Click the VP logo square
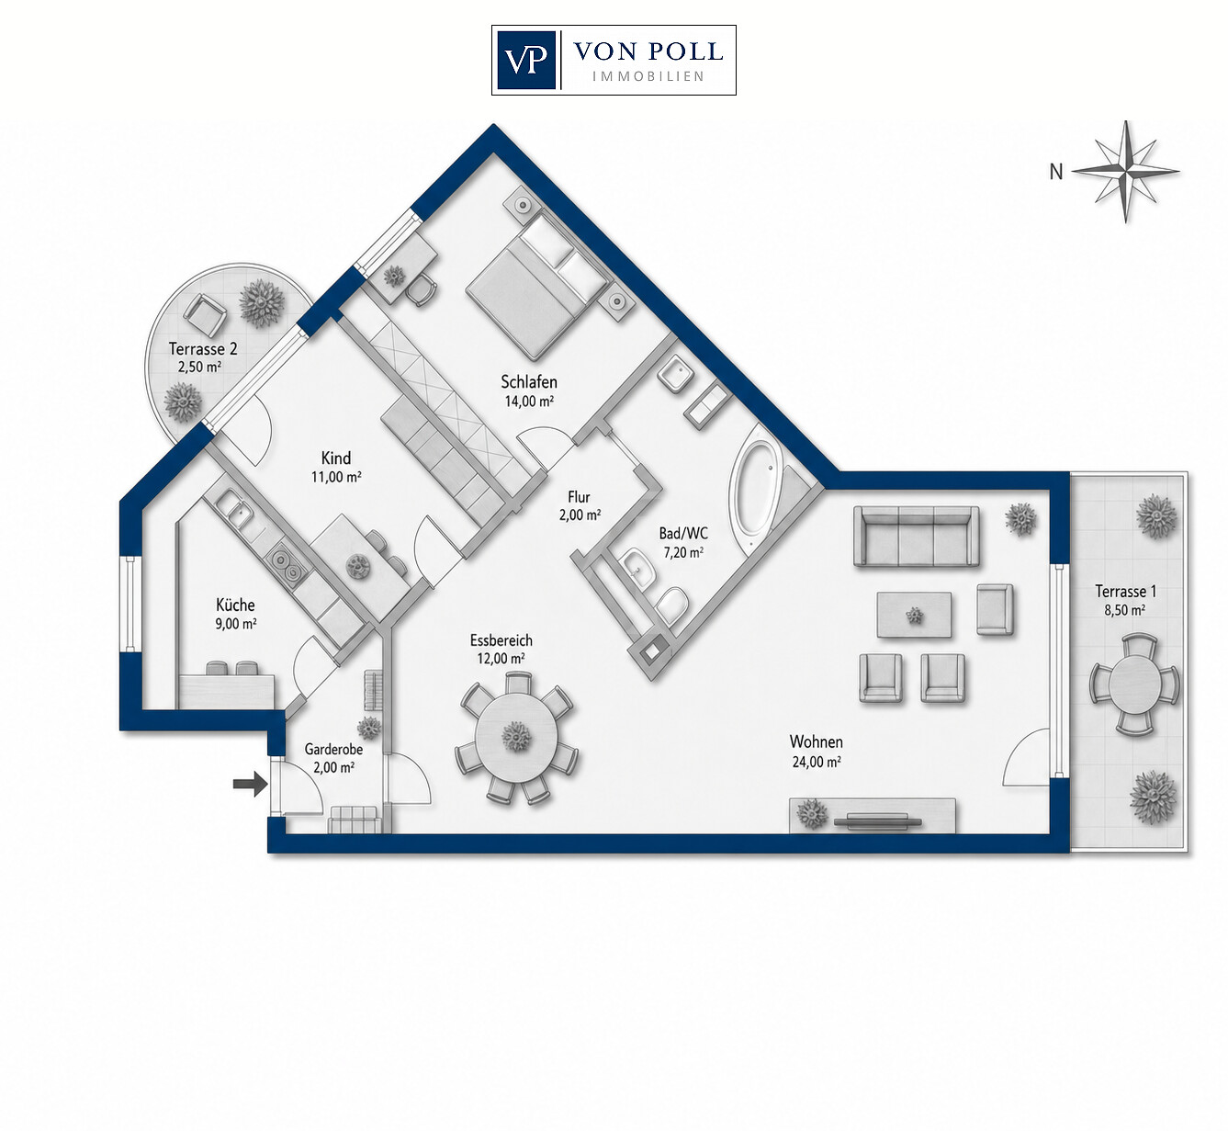point(527,60)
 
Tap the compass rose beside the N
point(1126,172)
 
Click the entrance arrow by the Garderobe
point(251,783)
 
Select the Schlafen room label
point(529,382)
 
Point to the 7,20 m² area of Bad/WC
point(683,552)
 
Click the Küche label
point(235,605)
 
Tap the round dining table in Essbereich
point(517,737)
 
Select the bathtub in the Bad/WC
point(754,492)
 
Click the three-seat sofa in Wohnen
point(917,536)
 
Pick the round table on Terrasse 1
point(1134,684)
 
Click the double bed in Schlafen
point(538,286)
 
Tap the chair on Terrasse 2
point(205,315)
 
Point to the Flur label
point(579,497)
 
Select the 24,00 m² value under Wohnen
point(816,762)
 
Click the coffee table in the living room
point(914,615)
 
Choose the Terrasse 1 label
point(1126,592)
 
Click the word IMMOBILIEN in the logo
point(648,76)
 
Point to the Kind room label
point(336,458)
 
